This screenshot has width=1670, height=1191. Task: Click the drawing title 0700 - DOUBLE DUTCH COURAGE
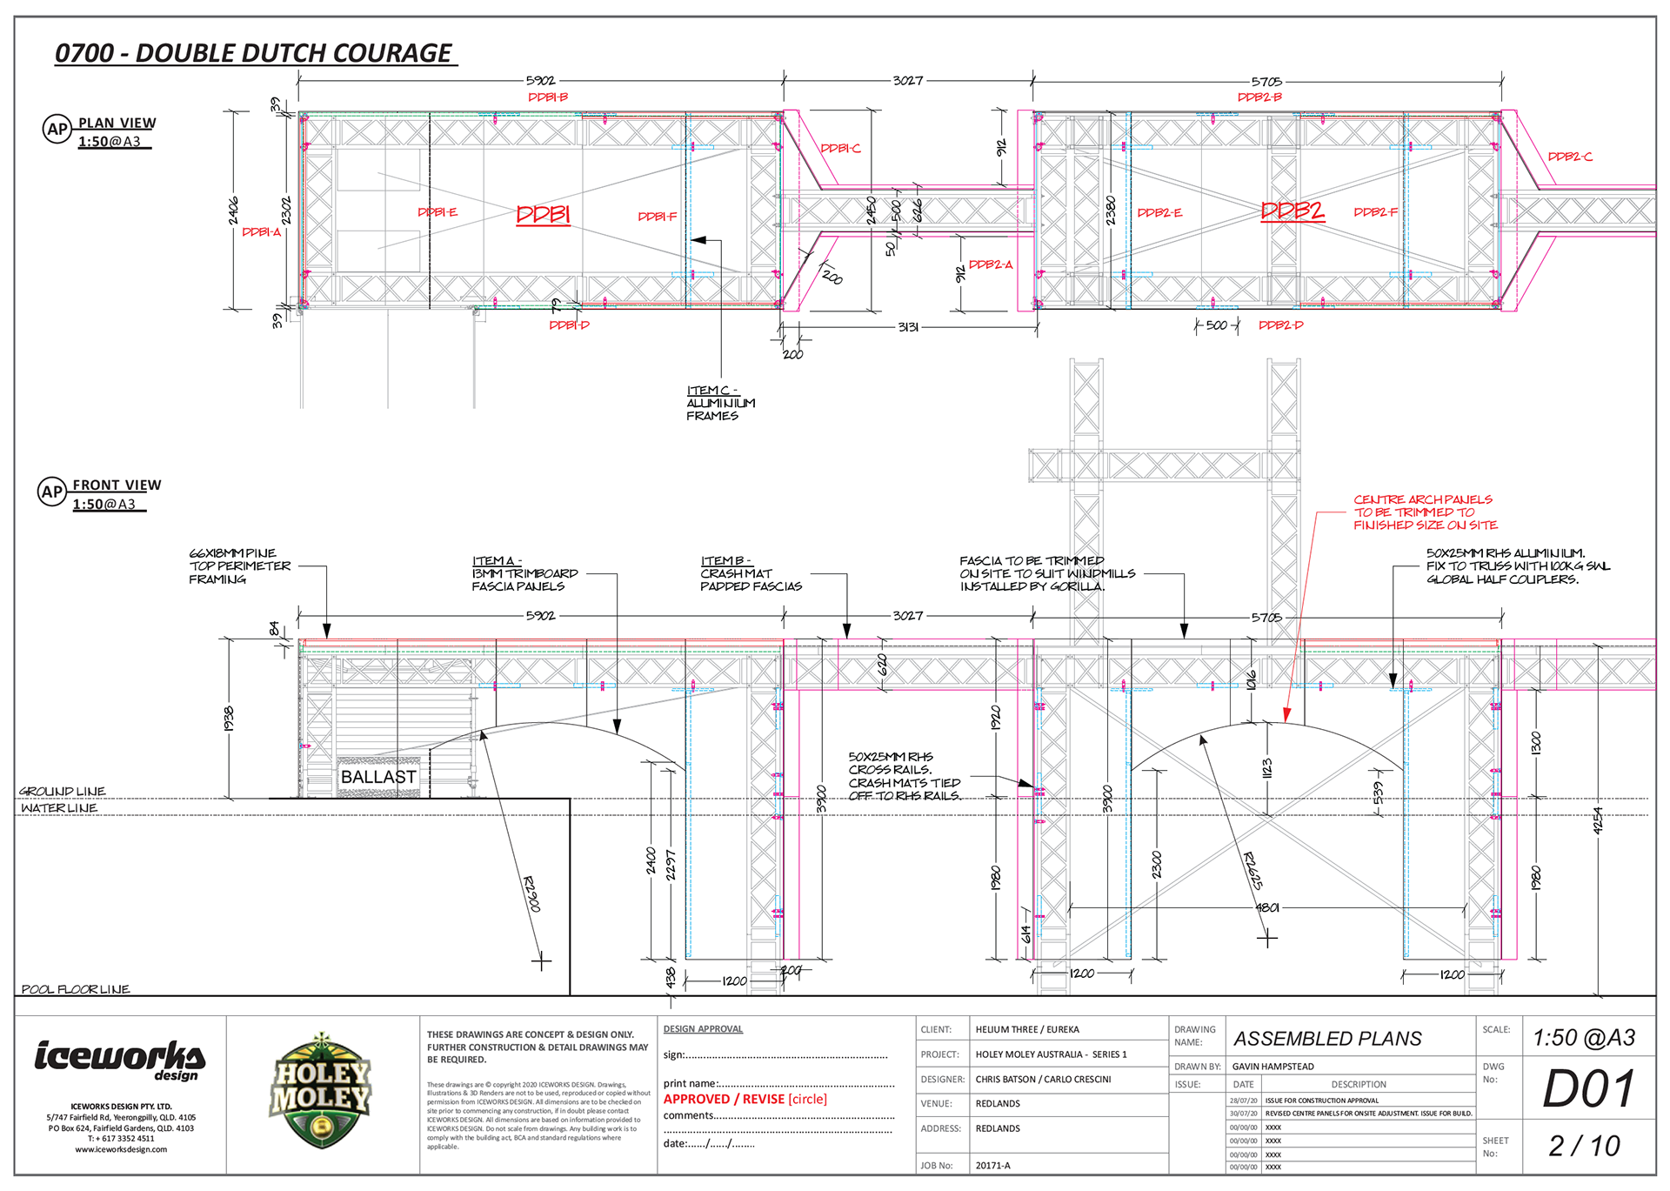click(x=253, y=53)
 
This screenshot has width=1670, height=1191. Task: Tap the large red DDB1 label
click(x=543, y=214)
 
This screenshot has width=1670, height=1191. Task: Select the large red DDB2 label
click(x=1293, y=211)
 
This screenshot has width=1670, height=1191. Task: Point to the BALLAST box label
click(x=378, y=777)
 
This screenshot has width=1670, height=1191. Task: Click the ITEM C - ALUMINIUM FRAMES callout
click(x=720, y=403)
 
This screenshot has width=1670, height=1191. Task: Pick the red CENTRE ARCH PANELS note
click(x=1425, y=512)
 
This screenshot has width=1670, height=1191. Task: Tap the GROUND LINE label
click(x=63, y=792)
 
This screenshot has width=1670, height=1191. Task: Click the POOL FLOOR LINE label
click(x=76, y=989)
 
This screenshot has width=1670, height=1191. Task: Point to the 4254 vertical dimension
click(x=1597, y=820)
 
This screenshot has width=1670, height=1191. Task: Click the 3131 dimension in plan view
click(x=908, y=327)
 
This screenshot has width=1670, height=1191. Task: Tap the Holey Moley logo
click(x=322, y=1091)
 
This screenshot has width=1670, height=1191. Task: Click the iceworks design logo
click(x=120, y=1060)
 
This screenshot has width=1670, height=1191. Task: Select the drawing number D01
click(x=1588, y=1088)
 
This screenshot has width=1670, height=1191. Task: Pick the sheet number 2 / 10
click(x=1584, y=1146)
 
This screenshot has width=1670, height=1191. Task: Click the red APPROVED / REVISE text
click(x=745, y=1099)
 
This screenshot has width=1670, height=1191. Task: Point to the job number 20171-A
click(x=992, y=1166)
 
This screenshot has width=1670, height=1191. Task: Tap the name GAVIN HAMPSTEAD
click(x=1273, y=1067)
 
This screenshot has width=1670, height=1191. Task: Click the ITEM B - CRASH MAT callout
click(x=751, y=574)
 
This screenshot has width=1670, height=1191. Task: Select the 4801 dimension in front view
click(x=1267, y=907)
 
